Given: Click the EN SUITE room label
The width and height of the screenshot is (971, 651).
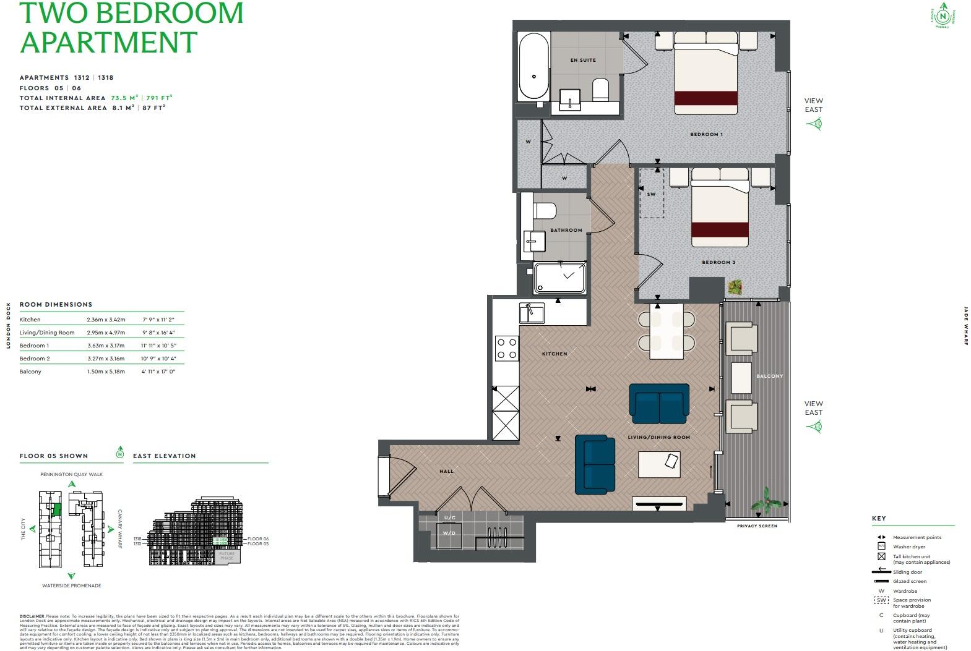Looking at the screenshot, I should [x=583, y=60].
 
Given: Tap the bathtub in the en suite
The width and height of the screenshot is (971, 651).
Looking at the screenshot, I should [x=533, y=67].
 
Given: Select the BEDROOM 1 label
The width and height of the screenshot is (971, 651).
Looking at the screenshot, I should [x=706, y=134].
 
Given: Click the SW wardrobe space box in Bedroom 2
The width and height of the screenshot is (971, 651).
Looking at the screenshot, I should [x=651, y=194].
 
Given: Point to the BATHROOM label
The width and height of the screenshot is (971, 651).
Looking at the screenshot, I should [x=566, y=230].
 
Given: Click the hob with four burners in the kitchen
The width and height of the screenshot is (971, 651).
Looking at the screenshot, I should [x=507, y=348].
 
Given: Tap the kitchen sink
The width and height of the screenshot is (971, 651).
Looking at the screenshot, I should [x=532, y=313].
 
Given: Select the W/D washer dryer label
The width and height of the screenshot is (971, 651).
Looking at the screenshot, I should [x=449, y=532].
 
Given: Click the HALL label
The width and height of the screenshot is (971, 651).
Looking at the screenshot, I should [x=446, y=471].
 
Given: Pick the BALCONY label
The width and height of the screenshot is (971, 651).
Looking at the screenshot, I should [x=769, y=376].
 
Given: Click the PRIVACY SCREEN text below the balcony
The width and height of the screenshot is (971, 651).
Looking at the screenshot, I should [x=756, y=526].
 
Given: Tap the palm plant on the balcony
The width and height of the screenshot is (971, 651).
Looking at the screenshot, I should [x=766, y=500].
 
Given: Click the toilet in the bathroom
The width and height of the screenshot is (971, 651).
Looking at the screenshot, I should [x=545, y=210].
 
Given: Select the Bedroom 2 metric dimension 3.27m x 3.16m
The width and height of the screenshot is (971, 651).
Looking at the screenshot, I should [x=105, y=359].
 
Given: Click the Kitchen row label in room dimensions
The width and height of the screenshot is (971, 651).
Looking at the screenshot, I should [x=30, y=320].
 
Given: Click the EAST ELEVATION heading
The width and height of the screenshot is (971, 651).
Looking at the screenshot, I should [x=164, y=456].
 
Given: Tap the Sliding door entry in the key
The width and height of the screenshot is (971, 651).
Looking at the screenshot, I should [x=907, y=572].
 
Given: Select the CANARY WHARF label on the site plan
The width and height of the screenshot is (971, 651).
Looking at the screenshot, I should [x=120, y=529].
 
